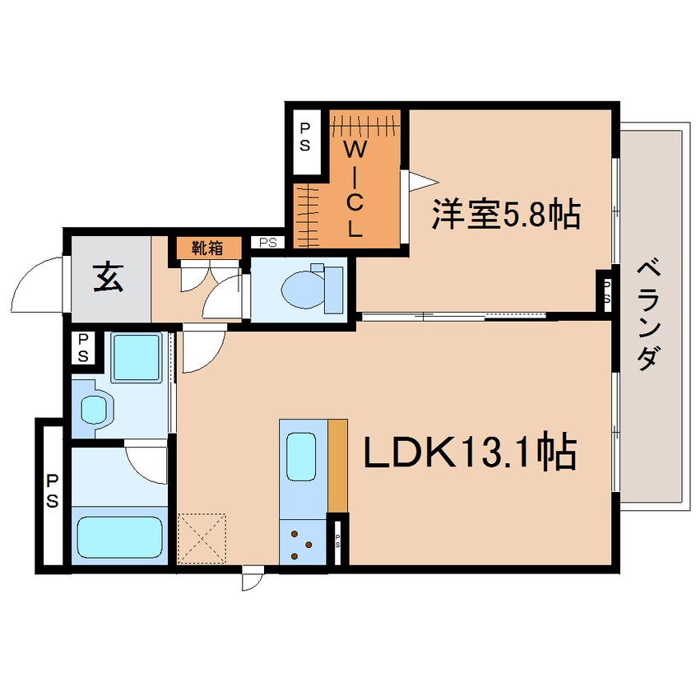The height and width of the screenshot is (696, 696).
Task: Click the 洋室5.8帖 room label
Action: tap(506, 216)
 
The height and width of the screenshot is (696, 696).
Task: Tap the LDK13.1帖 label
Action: tap(469, 454)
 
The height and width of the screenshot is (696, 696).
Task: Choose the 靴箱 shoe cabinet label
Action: tap(207, 248)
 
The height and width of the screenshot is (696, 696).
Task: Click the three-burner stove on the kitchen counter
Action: tap(301, 544)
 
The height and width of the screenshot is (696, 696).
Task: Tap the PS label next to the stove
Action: tap(338, 541)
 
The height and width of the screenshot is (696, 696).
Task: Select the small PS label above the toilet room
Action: tap(267, 243)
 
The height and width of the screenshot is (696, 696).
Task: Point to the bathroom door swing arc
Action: tap(148, 461)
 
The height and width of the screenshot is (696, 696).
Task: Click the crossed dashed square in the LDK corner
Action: tap(202, 539)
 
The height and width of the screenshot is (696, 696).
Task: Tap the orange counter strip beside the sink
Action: tap(337, 465)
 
